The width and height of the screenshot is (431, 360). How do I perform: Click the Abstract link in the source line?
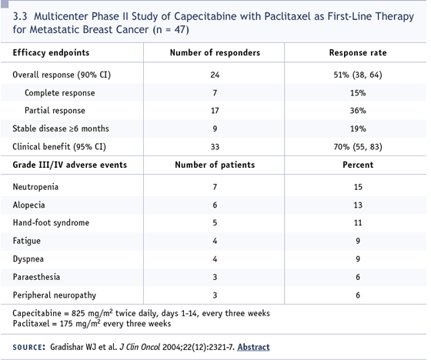(x=253, y=347)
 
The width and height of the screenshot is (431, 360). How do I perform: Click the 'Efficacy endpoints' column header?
(x=51, y=52)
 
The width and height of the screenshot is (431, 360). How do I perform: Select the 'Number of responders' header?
(x=215, y=52)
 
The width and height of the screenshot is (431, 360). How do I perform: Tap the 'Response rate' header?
(x=358, y=52)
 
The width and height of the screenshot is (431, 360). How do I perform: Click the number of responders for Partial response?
(x=215, y=111)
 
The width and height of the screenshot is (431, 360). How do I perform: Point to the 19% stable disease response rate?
(x=358, y=128)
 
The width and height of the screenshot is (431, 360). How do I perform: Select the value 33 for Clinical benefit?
(x=215, y=147)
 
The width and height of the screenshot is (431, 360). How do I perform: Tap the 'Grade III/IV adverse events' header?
(x=70, y=165)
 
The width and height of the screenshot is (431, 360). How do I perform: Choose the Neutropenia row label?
(x=35, y=187)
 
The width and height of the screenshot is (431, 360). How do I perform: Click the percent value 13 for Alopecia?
(x=358, y=205)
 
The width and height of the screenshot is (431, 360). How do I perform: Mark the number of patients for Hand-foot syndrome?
(x=215, y=222)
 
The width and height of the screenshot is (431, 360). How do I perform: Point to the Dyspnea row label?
(x=28, y=259)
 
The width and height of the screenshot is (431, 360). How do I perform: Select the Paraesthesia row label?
(x=36, y=277)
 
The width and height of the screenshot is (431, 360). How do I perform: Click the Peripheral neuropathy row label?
(x=55, y=295)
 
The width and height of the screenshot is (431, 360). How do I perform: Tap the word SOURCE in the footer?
(x=29, y=348)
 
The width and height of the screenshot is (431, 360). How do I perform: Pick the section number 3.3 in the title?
(x=20, y=16)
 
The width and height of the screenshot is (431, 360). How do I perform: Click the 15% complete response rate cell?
(x=358, y=93)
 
